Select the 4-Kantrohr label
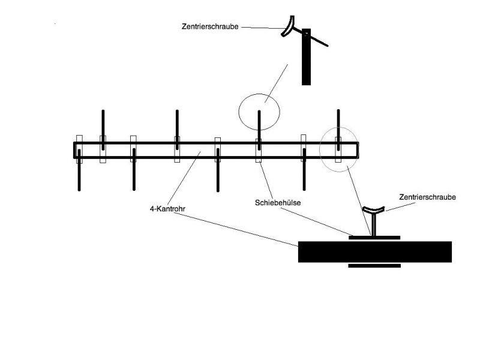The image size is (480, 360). (166, 209)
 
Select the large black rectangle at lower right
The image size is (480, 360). (374, 252)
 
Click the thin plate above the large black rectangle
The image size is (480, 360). (374, 237)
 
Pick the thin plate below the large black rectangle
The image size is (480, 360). (374, 265)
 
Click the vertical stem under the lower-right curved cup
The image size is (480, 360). (373, 225)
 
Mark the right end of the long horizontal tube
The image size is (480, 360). (358, 150)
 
